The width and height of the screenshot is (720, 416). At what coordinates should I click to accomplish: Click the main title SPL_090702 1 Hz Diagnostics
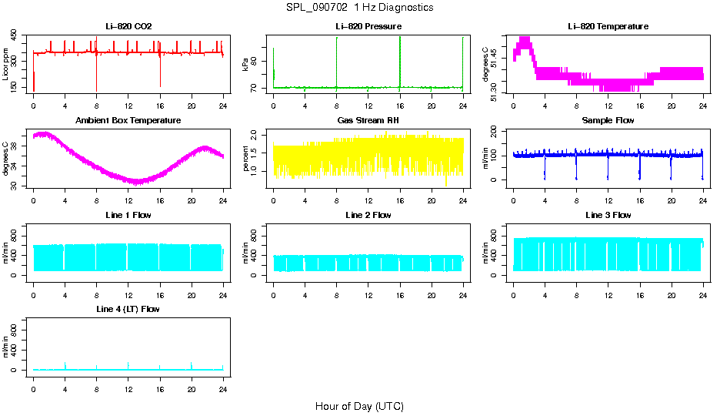[x=359, y=8]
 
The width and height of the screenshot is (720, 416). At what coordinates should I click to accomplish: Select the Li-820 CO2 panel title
[x=128, y=26]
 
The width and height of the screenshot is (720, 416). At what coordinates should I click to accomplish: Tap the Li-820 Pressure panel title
[x=368, y=26]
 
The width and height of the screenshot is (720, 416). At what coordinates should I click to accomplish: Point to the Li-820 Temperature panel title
[x=608, y=26]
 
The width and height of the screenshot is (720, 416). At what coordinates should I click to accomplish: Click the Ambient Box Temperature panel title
[x=128, y=121]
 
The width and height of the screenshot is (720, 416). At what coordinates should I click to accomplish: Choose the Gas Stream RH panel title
[x=368, y=121]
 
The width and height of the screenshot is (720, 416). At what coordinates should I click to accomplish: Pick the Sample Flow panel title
[x=608, y=121]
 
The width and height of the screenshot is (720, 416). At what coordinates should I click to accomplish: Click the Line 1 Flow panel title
[x=128, y=215]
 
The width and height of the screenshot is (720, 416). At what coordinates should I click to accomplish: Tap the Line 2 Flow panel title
[x=368, y=215]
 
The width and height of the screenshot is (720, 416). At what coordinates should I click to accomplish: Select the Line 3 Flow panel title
[x=608, y=215]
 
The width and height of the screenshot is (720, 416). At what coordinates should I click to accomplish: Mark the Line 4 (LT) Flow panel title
[x=128, y=309]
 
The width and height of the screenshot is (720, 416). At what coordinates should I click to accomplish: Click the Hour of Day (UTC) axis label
[x=359, y=406]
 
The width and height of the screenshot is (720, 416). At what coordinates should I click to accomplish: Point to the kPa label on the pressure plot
[x=245, y=64]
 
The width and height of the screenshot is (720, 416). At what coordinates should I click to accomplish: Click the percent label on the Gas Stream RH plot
[x=245, y=158]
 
